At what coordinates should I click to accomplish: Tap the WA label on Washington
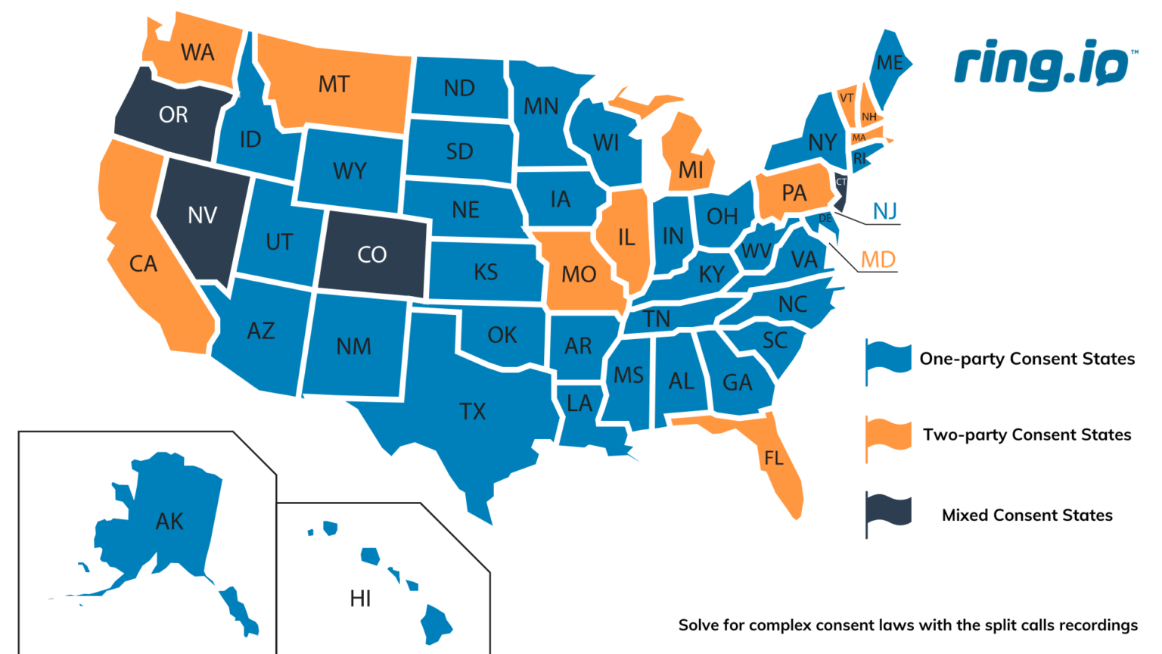[197, 52]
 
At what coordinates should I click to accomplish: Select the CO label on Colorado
[371, 254]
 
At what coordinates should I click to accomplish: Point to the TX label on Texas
[472, 411]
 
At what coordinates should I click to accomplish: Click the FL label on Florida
[773, 458]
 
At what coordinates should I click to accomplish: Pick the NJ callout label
[884, 211]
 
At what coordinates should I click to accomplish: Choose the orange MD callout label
[878, 260]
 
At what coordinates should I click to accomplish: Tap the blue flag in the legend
[888, 360]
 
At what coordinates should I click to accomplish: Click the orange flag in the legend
[888, 436]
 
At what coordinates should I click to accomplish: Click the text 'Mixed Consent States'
[1027, 515]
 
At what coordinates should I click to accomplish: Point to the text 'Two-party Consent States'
[1027, 434]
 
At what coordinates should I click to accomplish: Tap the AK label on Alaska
[169, 522]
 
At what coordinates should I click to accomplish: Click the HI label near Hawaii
[360, 599]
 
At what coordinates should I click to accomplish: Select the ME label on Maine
[890, 63]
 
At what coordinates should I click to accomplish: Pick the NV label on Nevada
[202, 216]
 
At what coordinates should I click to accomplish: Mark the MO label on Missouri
[579, 274]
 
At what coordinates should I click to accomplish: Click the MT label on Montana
[334, 84]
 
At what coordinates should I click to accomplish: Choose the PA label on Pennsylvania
[794, 193]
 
